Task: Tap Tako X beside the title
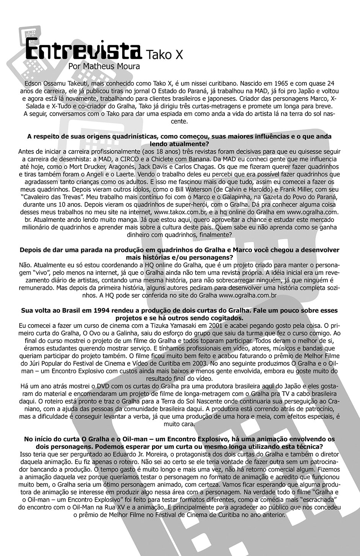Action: (x=164, y=55)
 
